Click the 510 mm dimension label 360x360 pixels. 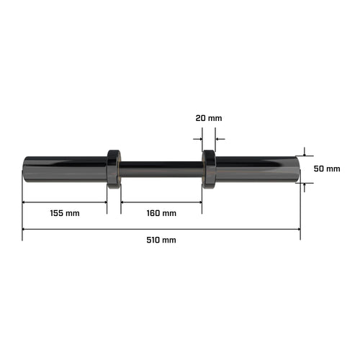(x=161, y=240)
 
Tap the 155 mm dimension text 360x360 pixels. (x=65, y=213)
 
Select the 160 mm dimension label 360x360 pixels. (x=161, y=213)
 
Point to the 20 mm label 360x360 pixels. (x=209, y=118)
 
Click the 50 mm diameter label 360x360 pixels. (x=327, y=168)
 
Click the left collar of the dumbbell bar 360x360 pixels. (x=114, y=169)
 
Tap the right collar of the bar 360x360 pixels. (x=209, y=169)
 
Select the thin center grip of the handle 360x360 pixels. (x=161, y=169)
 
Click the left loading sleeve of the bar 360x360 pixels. (x=66, y=169)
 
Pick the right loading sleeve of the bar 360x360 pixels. (x=258, y=169)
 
